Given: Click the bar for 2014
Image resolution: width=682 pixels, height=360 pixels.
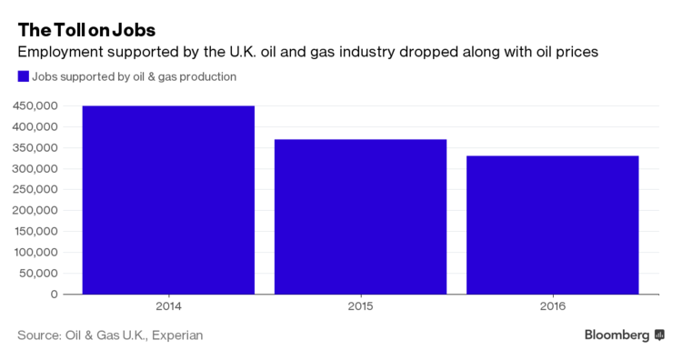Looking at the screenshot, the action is point(168,200).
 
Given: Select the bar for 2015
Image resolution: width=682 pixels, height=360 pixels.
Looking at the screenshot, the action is point(361,217).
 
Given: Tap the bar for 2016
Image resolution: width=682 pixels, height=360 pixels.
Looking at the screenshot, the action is point(553,225).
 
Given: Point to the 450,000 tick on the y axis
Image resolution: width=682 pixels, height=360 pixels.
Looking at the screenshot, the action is point(35,106).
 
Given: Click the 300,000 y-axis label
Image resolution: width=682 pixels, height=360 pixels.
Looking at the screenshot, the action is point(35,169).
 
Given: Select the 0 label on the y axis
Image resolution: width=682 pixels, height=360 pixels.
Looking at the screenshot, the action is point(54,295).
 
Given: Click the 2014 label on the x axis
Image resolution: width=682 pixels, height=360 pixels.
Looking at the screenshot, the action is point(168,306).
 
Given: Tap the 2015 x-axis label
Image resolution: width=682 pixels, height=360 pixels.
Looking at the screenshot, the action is point(361,306).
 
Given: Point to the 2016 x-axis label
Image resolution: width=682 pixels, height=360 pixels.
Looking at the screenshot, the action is point(553,306).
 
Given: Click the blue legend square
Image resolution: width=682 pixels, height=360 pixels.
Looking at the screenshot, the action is point(24,76).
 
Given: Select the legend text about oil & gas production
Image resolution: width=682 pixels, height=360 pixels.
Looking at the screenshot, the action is point(134,77).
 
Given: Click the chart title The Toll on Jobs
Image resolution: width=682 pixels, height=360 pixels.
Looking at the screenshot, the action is point(86,30).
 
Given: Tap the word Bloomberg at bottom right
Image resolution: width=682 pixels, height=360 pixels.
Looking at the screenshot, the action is point(617,335).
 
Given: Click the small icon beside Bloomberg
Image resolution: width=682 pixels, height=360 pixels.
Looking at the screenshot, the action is point(659,335).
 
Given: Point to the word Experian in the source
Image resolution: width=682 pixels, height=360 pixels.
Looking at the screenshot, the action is point(177,335).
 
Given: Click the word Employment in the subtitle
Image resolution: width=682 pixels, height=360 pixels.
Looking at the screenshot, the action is point(60,52).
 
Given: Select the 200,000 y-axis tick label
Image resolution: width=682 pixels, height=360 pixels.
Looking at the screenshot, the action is point(35,210).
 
